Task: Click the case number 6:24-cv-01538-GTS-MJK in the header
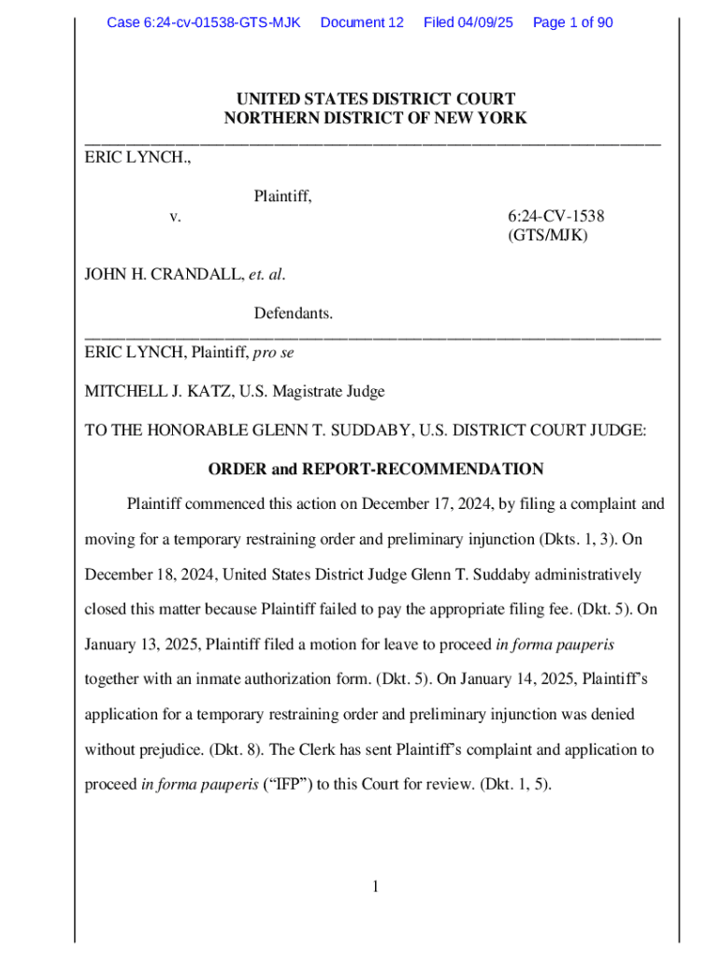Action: (203, 22)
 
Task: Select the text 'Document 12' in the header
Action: (362, 22)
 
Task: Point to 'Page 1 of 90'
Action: (573, 22)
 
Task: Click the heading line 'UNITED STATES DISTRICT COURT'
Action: (375, 99)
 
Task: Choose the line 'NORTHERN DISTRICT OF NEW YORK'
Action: (375, 118)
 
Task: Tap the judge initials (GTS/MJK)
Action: (548, 236)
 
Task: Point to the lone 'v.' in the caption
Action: (175, 217)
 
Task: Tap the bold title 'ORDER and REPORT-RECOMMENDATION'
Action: (375, 469)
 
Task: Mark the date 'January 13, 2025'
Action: (141, 646)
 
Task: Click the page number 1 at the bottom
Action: (375, 887)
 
